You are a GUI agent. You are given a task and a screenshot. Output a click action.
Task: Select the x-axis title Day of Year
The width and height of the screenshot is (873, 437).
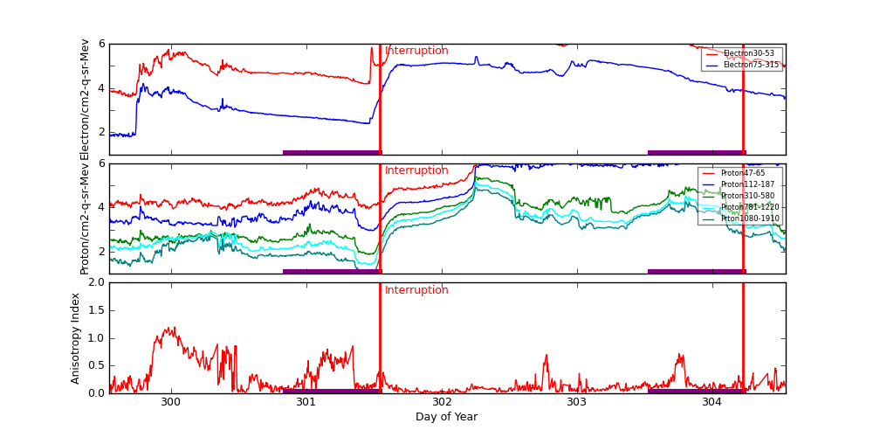point(446,417)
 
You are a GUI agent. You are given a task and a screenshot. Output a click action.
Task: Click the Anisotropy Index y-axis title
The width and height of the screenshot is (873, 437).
point(76,337)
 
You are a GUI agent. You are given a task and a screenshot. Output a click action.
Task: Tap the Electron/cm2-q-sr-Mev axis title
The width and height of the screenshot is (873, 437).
point(86,99)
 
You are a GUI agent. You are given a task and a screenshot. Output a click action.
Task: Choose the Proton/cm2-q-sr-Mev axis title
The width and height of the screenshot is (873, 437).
point(86,218)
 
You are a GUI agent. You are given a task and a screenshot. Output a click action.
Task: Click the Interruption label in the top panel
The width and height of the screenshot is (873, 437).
point(416,51)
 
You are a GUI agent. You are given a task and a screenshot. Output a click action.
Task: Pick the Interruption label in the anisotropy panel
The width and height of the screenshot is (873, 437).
point(416,290)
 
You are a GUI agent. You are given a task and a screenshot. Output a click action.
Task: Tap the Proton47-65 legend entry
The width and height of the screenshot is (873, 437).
point(742,173)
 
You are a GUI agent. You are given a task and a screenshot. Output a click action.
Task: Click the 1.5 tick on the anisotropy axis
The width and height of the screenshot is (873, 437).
point(96,310)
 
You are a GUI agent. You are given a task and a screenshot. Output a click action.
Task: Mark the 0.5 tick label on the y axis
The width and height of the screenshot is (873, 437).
point(96,365)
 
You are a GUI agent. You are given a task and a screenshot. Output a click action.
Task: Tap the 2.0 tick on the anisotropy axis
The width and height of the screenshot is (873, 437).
point(96,282)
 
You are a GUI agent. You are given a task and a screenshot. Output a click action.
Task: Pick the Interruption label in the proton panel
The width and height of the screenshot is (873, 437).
point(416,170)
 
